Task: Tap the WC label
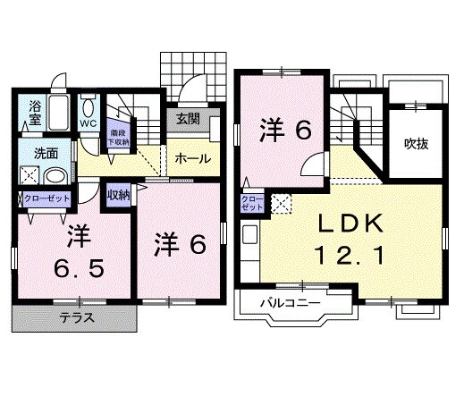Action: tap(89, 123)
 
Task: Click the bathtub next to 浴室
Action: tap(60, 112)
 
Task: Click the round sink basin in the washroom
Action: tap(54, 176)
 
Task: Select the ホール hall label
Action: tap(192, 158)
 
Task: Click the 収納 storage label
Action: tap(119, 194)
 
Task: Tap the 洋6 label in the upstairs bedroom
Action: tap(285, 131)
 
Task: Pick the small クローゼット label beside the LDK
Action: tap(251, 201)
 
